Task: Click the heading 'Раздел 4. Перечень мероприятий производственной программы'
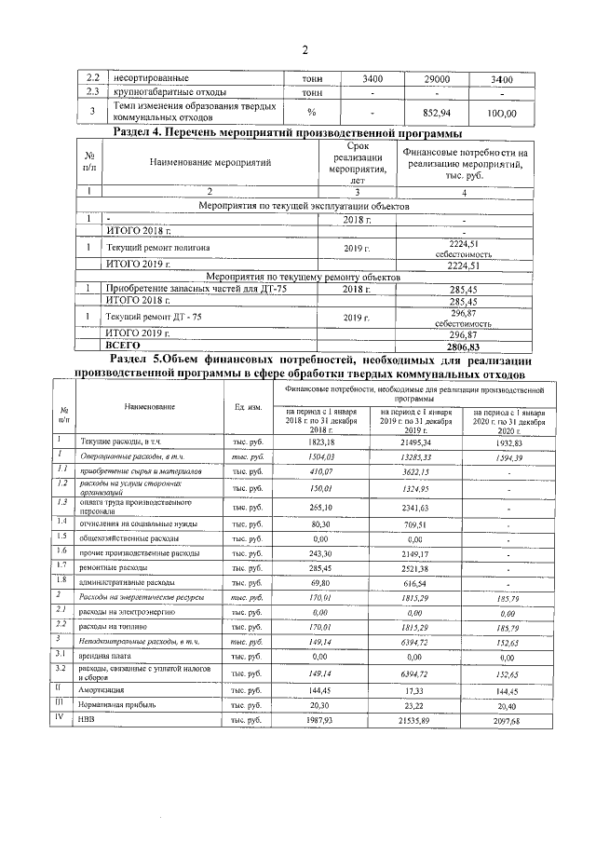(x=284, y=132)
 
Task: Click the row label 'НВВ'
(x=89, y=720)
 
